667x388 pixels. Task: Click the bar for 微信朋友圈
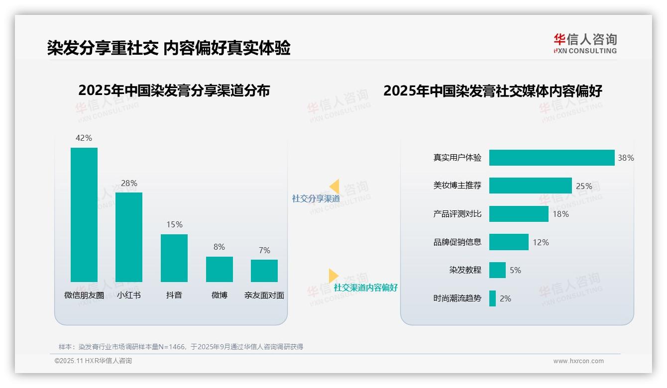click(84, 215)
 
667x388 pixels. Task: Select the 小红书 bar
click(129, 237)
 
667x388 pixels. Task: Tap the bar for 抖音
click(174, 258)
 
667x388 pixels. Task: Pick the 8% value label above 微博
click(219, 247)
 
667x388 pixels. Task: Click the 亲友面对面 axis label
click(264, 295)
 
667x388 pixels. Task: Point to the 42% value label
click(84, 138)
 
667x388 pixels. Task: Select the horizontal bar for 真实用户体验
click(552, 158)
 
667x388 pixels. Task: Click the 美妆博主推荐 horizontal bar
click(530, 186)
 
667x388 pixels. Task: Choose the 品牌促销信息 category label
click(457, 242)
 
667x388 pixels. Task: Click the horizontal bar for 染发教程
click(497, 270)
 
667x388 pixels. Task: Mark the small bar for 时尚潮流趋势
click(492, 298)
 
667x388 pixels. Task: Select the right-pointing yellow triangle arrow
click(333, 276)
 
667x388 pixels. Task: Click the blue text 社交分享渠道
click(316, 198)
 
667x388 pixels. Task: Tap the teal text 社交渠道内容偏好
click(365, 288)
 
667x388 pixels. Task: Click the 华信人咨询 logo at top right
click(585, 43)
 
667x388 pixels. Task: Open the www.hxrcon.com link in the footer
click(578, 361)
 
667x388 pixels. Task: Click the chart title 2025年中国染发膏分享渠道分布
click(174, 91)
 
